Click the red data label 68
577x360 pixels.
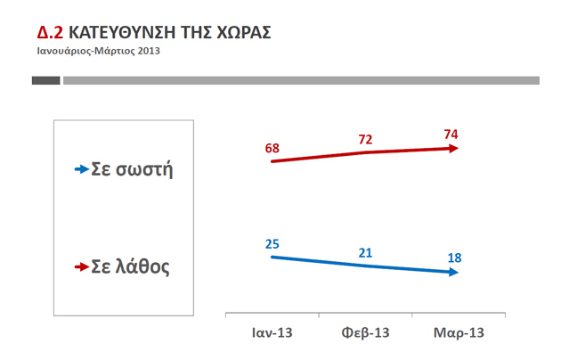click(272, 147)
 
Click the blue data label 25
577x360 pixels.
click(272, 242)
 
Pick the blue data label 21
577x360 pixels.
click(365, 253)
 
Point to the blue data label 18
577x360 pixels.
click(454, 258)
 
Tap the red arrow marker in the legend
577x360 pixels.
click(82, 266)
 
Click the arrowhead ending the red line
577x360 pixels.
click(455, 149)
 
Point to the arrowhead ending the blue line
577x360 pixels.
click(455, 272)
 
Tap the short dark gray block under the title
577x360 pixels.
click(45, 80)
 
